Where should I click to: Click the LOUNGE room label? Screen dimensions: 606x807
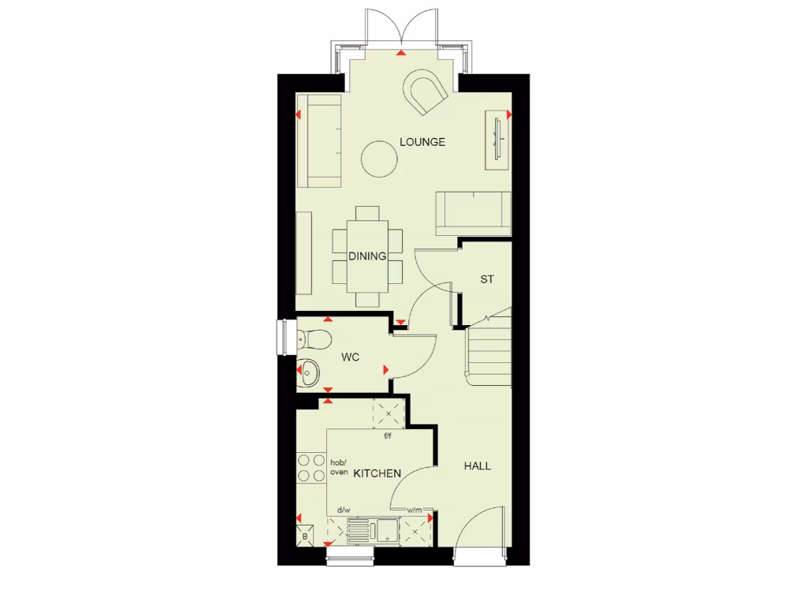(x=422, y=142)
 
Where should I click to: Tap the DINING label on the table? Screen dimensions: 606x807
(x=367, y=256)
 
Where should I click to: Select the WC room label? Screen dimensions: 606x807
(x=351, y=357)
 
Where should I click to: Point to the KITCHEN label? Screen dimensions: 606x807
(x=377, y=473)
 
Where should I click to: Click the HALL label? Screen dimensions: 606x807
(x=477, y=466)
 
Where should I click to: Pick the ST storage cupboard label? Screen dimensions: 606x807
(x=486, y=279)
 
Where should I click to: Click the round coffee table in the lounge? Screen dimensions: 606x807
(x=379, y=159)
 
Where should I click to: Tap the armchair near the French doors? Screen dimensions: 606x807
(x=426, y=92)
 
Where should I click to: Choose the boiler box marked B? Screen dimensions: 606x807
(x=305, y=537)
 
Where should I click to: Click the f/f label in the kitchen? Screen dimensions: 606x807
(x=387, y=436)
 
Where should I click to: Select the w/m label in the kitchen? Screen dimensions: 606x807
(x=415, y=511)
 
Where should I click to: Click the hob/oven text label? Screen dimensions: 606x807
(x=338, y=467)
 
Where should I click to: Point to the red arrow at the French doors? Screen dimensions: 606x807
(x=402, y=54)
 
